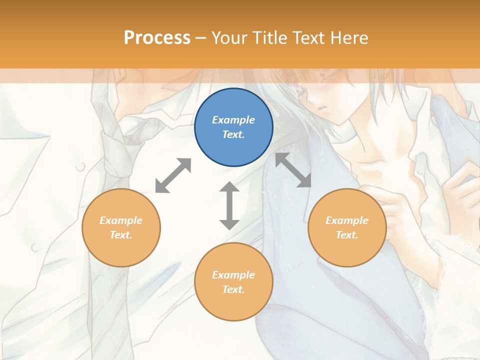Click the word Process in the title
pyautogui.click(x=157, y=37)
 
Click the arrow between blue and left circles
pyautogui.click(x=173, y=175)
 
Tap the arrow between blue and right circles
pyautogui.click(x=293, y=170)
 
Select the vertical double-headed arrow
pyautogui.click(x=229, y=205)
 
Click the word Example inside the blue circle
pyautogui.click(x=233, y=120)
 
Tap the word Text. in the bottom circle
pyautogui.click(x=233, y=289)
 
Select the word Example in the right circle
pyautogui.click(x=347, y=220)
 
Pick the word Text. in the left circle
pyautogui.click(x=121, y=235)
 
